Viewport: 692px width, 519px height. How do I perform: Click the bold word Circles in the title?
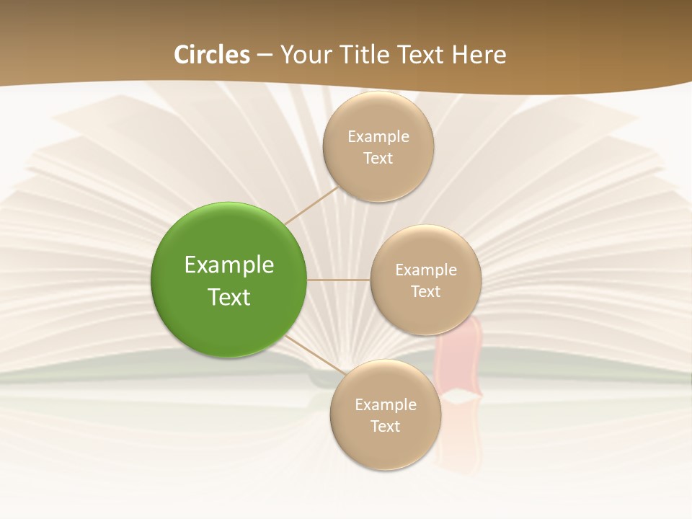(212, 55)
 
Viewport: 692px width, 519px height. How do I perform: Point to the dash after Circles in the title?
(265, 56)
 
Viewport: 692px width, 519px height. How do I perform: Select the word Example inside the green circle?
(229, 265)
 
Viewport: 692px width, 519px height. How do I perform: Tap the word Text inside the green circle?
(229, 297)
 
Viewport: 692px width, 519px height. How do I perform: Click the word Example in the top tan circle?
(378, 137)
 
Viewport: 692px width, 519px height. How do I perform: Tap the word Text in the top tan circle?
(378, 159)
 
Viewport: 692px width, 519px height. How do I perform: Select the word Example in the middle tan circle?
(425, 270)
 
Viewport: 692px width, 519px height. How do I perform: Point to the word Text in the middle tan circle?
(425, 292)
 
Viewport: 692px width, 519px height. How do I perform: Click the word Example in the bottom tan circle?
(385, 405)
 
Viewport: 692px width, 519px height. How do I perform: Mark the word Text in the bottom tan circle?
(385, 427)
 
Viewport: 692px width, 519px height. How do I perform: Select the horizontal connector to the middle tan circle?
(339, 280)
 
